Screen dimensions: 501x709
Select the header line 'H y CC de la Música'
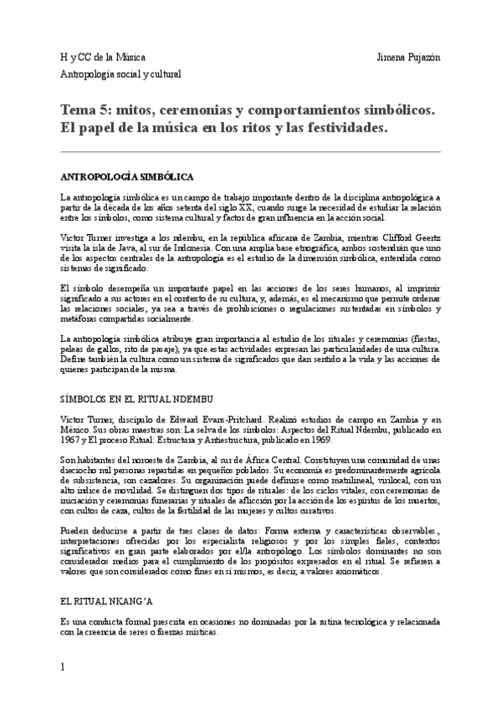click(x=102, y=57)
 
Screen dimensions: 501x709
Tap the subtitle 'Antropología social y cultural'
click(x=120, y=74)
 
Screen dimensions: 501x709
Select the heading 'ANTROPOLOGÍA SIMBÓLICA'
click(x=127, y=177)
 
